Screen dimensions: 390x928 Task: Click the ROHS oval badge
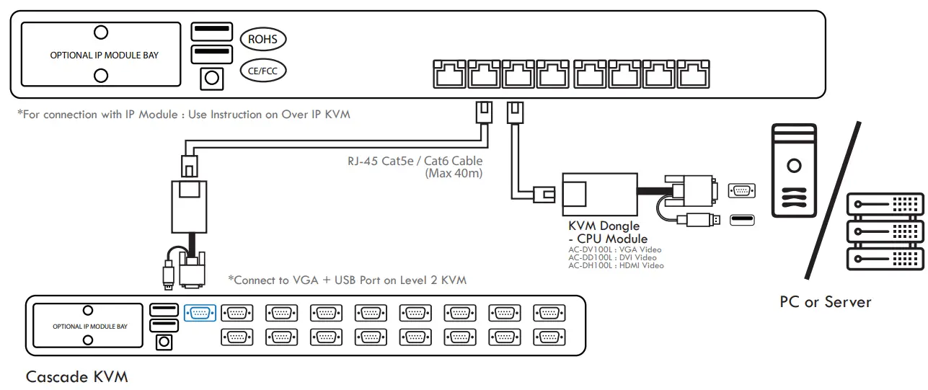tap(262, 40)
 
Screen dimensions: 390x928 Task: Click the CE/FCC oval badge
tap(262, 71)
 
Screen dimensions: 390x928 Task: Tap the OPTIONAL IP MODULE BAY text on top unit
tap(104, 55)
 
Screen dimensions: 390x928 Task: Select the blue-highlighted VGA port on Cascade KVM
tap(200, 313)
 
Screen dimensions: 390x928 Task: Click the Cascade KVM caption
tap(76, 376)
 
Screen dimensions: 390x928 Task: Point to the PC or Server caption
tap(825, 301)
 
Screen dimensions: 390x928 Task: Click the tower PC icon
tap(794, 170)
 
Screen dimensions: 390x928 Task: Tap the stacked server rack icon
tap(885, 231)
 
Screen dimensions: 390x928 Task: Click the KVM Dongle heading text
tap(604, 226)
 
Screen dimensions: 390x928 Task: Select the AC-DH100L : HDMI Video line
tap(616, 265)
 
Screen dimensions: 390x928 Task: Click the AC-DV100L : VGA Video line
tap(614, 249)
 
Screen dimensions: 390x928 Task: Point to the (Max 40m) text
tap(454, 173)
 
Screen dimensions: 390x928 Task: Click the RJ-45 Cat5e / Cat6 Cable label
tap(415, 161)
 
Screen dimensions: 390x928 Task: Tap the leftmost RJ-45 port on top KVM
tap(449, 73)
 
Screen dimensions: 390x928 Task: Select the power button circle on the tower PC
tap(794, 166)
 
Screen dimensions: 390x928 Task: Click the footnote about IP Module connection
tap(184, 115)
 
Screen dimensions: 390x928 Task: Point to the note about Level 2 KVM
tap(347, 280)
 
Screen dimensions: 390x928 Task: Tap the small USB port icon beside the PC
tap(742, 220)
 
